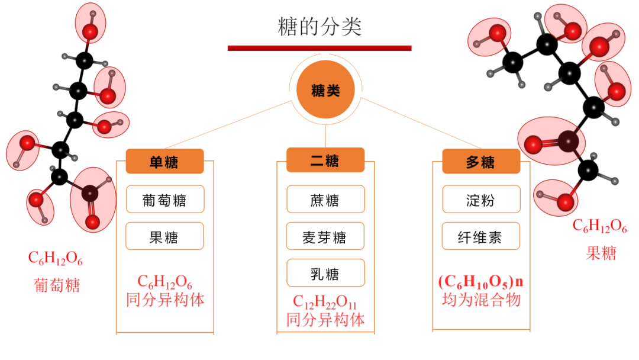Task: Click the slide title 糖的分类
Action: click(319, 27)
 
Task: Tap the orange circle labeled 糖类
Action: click(325, 89)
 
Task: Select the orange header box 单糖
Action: click(164, 161)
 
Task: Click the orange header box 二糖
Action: click(325, 160)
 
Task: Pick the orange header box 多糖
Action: click(481, 161)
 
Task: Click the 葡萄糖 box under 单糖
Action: click(164, 200)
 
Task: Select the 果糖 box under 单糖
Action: click(164, 236)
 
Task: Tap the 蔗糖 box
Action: click(325, 200)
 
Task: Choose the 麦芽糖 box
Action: click(325, 237)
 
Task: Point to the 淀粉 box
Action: click(481, 200)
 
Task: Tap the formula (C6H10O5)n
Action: click(481, 281)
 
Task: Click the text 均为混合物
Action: click(481, 300)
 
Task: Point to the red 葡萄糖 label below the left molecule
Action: click(56, 285)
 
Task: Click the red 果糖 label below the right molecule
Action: click(601, 253)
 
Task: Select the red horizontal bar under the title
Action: click(319, 48)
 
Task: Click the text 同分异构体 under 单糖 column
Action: click(165, 300)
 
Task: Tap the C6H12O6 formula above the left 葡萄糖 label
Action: click(56, 259)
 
